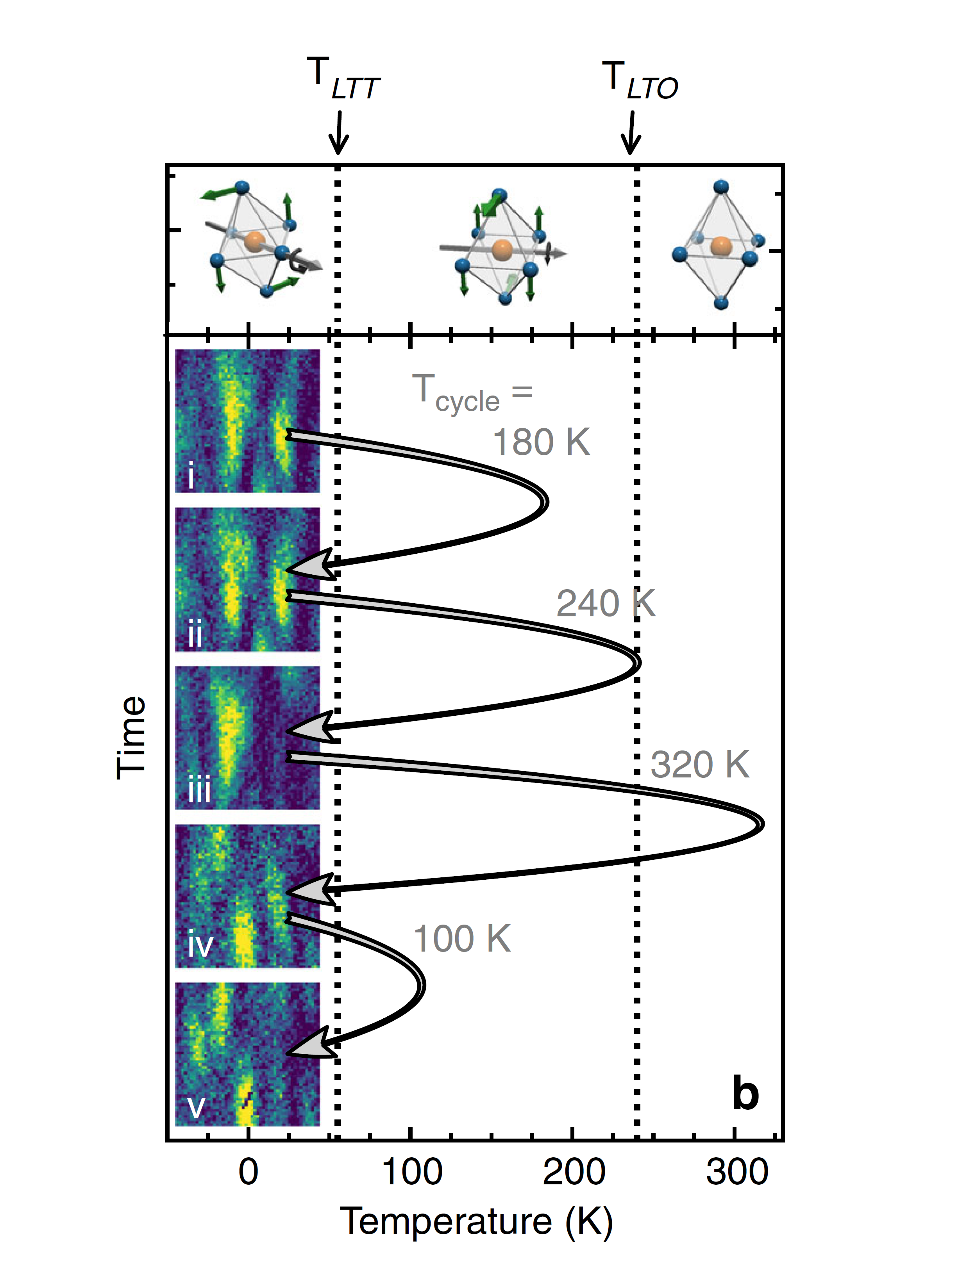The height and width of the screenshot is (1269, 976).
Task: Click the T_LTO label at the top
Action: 640,81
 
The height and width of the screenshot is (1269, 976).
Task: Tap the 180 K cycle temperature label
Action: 542,442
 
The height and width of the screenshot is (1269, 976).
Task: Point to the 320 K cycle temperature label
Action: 699,764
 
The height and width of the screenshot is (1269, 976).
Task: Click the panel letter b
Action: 745,1093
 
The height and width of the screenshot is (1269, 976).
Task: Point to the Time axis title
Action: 131,737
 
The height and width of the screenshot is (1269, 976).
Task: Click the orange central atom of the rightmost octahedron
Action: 721,246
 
